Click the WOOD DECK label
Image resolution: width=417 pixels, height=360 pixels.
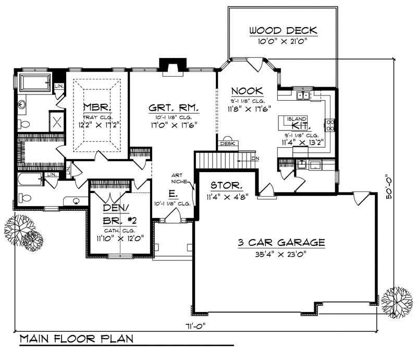click(283, 30)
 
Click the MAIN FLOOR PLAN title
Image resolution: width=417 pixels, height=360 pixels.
click(76, 339)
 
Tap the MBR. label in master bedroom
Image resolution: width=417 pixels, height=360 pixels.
click(97, 108)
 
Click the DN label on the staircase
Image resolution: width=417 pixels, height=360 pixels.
click(254, 158)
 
